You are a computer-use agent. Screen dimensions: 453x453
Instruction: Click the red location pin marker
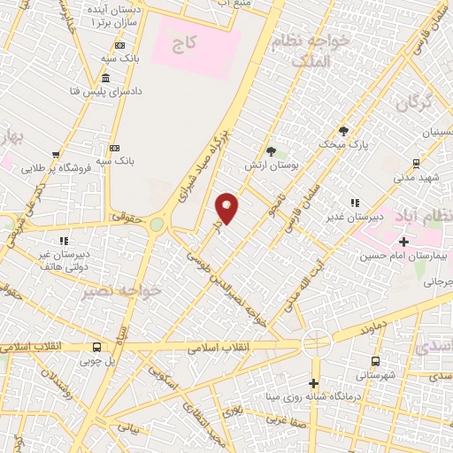pos(227,207)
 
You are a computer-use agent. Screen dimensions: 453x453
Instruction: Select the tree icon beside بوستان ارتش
pos(271,151)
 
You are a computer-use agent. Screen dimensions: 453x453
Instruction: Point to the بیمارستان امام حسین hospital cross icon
pos(403,242)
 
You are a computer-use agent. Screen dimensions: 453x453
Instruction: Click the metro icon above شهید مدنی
pos(416,163)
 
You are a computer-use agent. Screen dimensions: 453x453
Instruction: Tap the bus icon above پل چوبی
pos(96,347)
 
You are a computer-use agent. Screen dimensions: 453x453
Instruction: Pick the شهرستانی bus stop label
pos(377,375)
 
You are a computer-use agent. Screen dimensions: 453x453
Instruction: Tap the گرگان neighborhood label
pos(413,104)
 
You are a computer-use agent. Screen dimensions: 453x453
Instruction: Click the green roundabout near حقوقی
pos(157,225)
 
